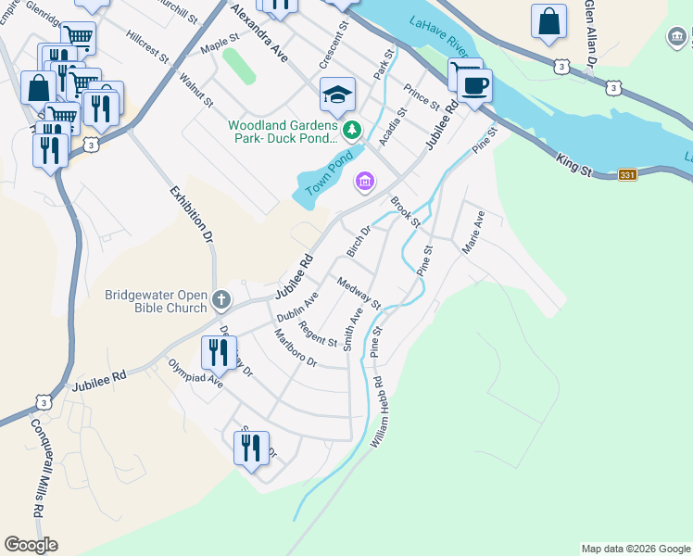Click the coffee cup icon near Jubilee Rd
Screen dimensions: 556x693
[475, 86]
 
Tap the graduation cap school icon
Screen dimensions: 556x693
[338, 94]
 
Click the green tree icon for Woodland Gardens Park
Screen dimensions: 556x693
[351, 129]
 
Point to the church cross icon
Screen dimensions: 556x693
[220, 299]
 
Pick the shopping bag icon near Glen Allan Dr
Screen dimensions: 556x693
[548, 21]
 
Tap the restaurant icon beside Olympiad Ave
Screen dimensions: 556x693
[219, 353]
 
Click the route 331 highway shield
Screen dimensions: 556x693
[627, 175]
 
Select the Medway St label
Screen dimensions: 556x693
[359, 293]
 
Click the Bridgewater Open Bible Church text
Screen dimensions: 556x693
[155, 300]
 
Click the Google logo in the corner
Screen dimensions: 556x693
[31, 545]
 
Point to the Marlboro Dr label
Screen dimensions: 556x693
[296, 347]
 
